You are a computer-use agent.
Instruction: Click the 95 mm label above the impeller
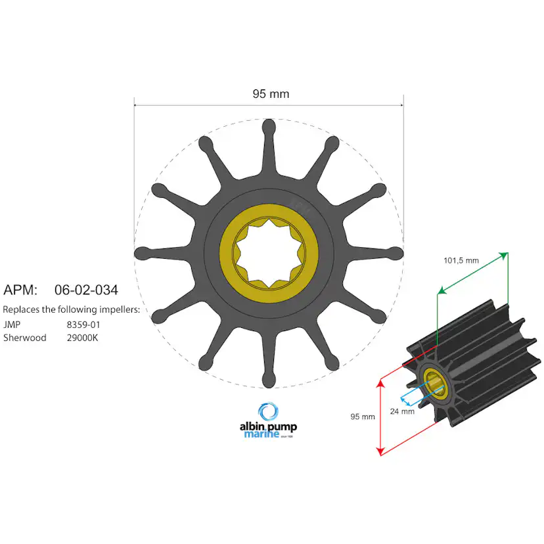(x=271, y=94)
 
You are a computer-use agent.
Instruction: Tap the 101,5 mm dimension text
(x=461, y=260)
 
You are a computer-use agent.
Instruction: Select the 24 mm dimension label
(x=401, y=411)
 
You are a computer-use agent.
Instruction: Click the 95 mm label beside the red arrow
(x=362, y=417)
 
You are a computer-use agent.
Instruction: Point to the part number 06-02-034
(x=86, y=289)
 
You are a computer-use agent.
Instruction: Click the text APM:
(x=21, y=289)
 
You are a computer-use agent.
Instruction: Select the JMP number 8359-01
(x=83, y=325)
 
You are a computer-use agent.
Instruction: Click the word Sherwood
(x=24, y=338)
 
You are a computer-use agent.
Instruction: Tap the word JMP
(x=11, y=325)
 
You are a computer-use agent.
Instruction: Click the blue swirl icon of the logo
(x=268, y=412)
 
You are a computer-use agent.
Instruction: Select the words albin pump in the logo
(x=268, y=426)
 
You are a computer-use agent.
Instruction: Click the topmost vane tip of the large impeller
(x=269, y=125)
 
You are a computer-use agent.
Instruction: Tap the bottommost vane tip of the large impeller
(x=269, y=380)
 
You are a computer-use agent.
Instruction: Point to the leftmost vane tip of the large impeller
(x=141, y=253)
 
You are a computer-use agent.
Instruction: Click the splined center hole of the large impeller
(x=269, y=253)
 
